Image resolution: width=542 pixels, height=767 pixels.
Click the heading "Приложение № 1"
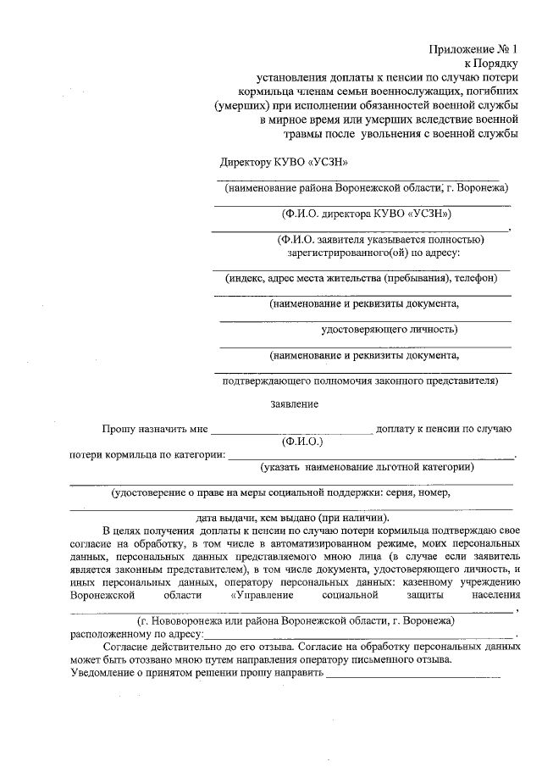(472, 49)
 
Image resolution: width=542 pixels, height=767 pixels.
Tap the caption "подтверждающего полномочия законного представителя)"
(360, 381)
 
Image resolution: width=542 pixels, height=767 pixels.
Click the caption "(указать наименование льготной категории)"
(367, 467)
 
